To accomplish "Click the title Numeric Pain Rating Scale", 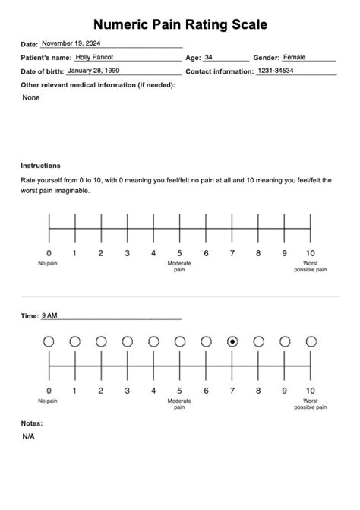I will [x=180, y=25].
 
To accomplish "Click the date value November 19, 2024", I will [x=71, y=44].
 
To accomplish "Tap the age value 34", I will [x=209, y=57].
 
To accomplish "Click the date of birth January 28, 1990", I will [x=93, y=71].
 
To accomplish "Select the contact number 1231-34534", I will [x=275, y=71].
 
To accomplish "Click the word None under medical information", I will [x=31, y=97].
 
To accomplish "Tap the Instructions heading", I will [x=40, y=166].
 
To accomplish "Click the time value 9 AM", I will [x=49, y=315].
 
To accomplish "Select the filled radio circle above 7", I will [x=232, y=342].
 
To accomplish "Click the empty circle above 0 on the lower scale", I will [x=49, y=342].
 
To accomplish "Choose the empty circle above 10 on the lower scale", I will [x=311, y=342].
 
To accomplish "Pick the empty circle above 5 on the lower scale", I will [x=180, y=342].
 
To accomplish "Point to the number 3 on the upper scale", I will [x=127, y=253].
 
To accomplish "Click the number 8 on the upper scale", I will [x=258, y=253].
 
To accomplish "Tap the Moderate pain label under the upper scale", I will [x=179, y=266].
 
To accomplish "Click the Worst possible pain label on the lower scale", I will [x=310, y=403].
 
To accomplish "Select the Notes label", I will [x=32, y=423].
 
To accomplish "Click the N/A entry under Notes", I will [x=29, y=437].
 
